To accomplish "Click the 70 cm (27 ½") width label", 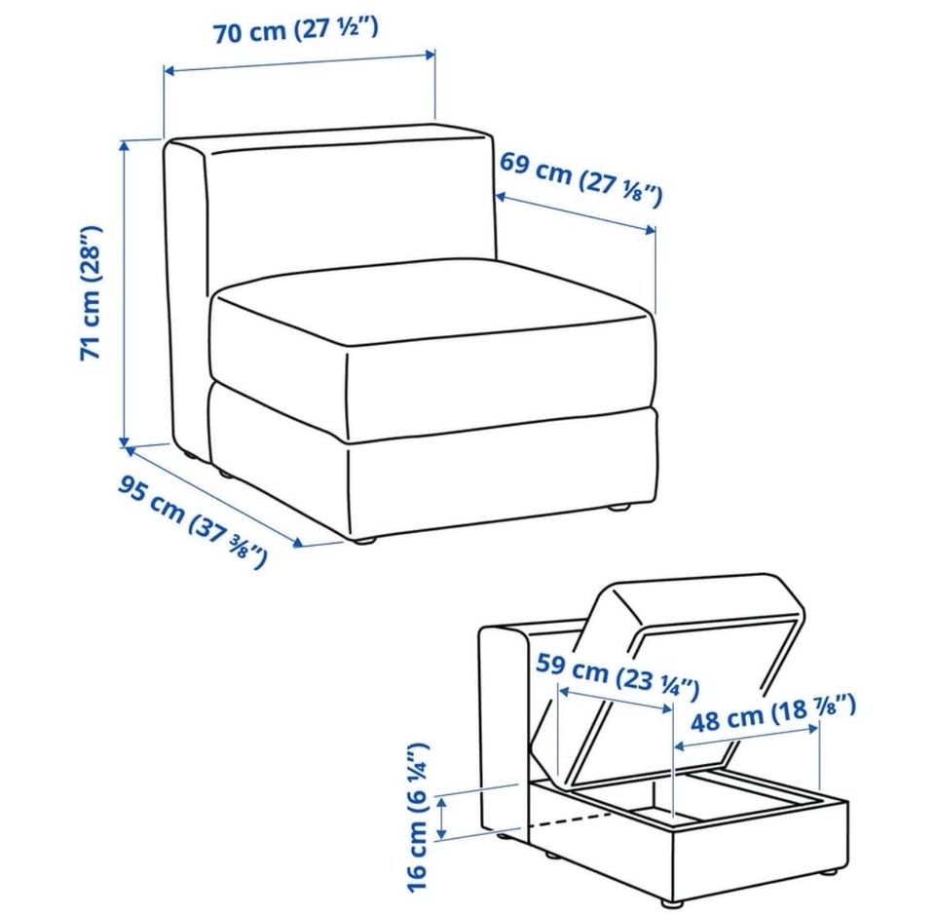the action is pos(296,30).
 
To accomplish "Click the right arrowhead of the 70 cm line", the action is pos(430,56).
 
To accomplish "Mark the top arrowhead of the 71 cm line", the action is pos(125,145).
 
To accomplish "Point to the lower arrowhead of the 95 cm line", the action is pos(298,542).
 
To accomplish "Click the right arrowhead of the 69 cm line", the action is pos(650,229).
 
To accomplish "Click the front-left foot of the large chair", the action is pos(363,540).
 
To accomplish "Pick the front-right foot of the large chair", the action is pos(619,509).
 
